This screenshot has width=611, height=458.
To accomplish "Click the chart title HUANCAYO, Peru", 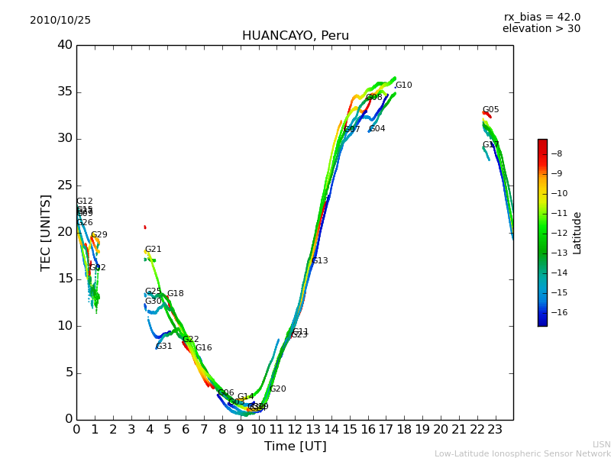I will (x=295, y=36).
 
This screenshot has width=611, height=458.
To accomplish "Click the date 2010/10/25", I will (x=60, y=21).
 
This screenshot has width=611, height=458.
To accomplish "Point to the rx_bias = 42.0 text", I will (x=541, y=18).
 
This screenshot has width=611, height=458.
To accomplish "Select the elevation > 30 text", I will (x=541, y=29).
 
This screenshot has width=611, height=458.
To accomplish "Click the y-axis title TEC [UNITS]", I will (x=46, y=232).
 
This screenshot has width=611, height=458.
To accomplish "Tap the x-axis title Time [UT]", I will (x=295, y=447).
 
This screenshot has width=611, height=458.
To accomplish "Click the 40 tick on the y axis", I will (x=65, y=45).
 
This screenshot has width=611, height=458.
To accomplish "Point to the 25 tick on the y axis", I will (x=65, y=185).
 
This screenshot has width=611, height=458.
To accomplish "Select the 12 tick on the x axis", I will (x=295, y=430).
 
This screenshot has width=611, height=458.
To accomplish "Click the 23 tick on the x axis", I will (x=495, y=430).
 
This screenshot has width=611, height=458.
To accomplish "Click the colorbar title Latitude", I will (x=577, y=233).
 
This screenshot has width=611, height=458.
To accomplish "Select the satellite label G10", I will (x=403, y=85).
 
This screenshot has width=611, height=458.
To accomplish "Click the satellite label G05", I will (x=490, y=110).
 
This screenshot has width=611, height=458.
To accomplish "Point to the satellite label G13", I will (x=319, y=261).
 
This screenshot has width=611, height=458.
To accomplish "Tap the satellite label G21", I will (x=153, y=250).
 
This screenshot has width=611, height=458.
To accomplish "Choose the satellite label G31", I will (x=163, y=347).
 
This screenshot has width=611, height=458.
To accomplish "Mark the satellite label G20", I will (x=277, y=389).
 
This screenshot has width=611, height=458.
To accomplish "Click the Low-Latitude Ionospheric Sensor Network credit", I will (x=522, y=454).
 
